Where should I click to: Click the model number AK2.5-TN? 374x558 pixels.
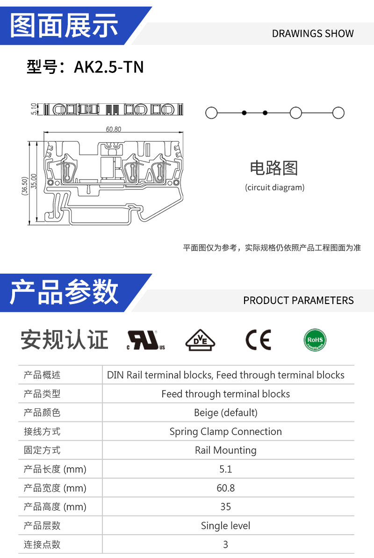[108, 67]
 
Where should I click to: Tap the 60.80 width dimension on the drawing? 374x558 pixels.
[114, 129]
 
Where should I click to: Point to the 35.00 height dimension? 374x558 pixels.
[34, 181]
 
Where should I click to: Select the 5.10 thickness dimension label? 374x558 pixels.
[34, 109]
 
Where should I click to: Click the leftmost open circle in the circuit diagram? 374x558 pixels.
[211, 113]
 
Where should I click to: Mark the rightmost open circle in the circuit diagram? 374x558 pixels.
[338, 113]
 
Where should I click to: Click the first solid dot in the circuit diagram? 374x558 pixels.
[244, 113]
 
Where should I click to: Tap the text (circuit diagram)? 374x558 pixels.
[275, 188]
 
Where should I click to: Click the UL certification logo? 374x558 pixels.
[146, 340]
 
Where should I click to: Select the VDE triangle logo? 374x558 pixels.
[201, 340]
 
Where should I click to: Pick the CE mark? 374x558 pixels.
[259, 340]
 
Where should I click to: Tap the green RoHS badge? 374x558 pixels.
[315, 340]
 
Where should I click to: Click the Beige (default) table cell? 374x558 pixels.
[226, 413]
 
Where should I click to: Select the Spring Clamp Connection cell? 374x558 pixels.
[226, 431]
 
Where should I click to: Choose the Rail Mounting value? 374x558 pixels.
[226, 450]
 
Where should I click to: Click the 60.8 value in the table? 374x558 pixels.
[226, 488]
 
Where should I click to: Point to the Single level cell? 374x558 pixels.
[226, 526]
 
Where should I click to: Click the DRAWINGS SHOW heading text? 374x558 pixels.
[313, 34]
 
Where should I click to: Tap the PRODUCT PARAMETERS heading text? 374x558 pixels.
[299, 300]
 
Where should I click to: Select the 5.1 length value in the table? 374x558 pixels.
[226, 469]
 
